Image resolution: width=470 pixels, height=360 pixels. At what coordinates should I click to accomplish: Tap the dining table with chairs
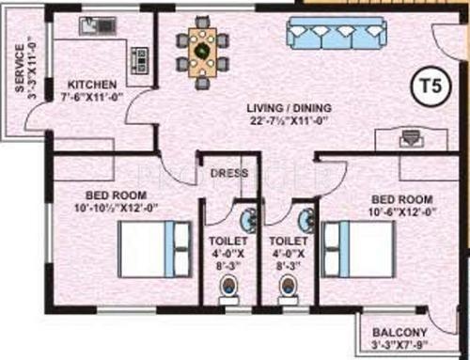pos(201,47)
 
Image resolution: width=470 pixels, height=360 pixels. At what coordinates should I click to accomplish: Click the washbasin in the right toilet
pos(306,220)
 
